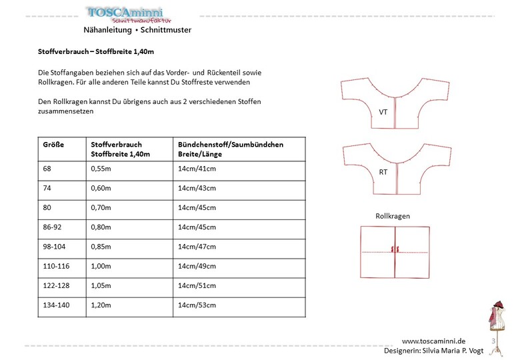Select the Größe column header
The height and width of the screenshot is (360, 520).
(53, 144)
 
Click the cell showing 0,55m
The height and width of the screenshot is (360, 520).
(101, 168)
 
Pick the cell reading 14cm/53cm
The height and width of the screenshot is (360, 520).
(197, 306)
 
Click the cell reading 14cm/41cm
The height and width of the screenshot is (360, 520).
(197, 168)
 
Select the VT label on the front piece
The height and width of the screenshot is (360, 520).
(383, 112)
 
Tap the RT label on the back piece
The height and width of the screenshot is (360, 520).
(383, 172)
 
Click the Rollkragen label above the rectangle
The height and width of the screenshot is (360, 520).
(393, 217)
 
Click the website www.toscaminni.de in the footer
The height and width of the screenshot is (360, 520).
(433, 341)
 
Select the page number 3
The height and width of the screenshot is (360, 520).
(493, 341)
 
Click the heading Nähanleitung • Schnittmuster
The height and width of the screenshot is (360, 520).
(137, 30)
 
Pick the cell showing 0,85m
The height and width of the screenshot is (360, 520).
(101, 247)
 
